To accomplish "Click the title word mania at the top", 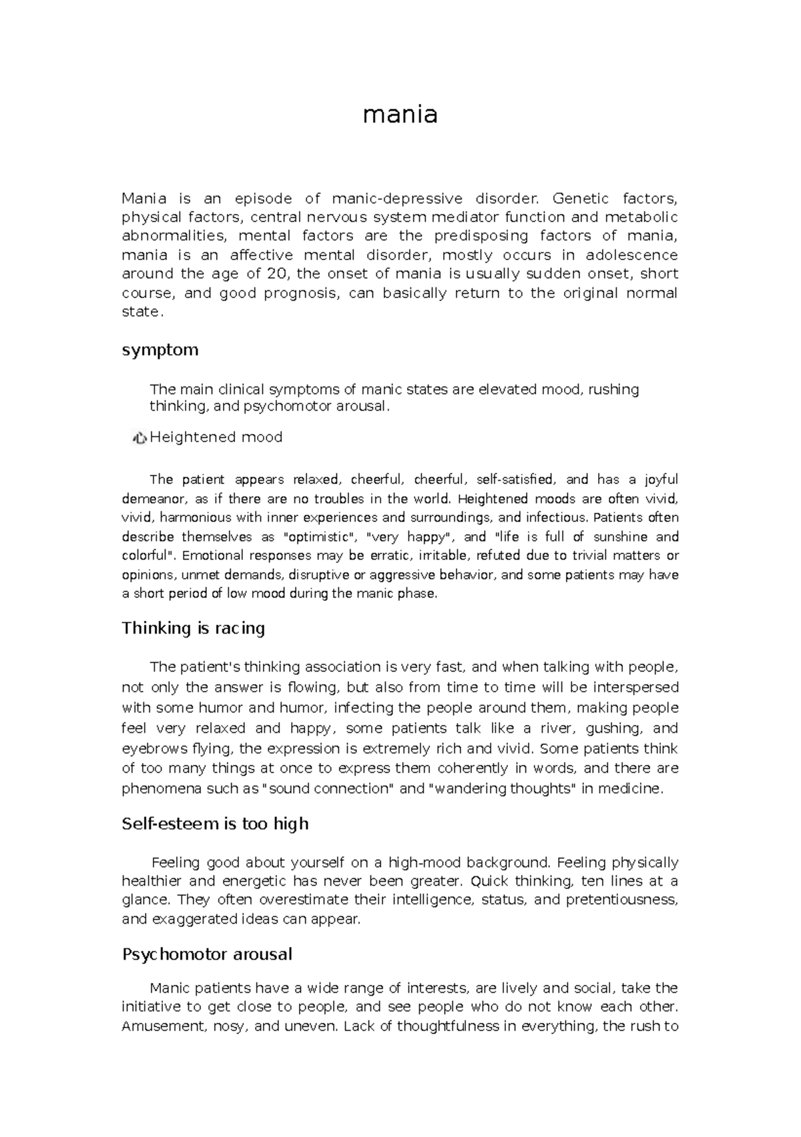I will click(x=400, y=115).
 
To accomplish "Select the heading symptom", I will click(x=160, y=350).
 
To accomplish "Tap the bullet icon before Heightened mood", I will click(x=140, y=437).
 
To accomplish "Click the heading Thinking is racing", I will click(x=194, y=628).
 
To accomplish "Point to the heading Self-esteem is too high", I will click(x=215, y=824).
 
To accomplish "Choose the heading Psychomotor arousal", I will click(x=207, y=954).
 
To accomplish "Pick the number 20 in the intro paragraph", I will click(x=274, y=273).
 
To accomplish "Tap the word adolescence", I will click(x=631, y=255).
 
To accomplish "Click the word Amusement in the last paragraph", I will click(x=161, y=1026).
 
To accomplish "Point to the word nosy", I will click(x=229, y=1026).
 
